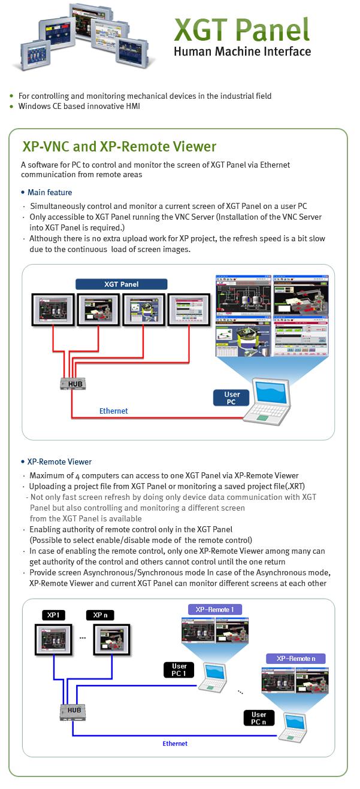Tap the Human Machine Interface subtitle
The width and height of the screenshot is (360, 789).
(x=242, y=51)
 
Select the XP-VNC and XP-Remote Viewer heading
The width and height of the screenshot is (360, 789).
(x=119, y=147)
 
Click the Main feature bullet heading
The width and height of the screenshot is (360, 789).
(x=50, y=192)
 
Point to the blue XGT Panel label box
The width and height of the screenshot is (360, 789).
(x=121, y=284)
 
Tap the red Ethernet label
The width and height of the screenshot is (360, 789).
(x=113, y=411)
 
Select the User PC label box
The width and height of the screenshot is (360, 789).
(x=232, y=398)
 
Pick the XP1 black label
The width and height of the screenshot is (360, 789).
(x=54, y=615)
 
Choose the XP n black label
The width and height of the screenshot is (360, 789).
(x=99, y=615)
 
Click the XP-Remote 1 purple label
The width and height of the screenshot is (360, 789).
(x=215, y=609)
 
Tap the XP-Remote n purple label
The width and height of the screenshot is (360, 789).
(x=296, y=658)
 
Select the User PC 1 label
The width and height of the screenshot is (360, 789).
(x=179, y=669)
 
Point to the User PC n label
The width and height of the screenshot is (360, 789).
(x=259, y=718)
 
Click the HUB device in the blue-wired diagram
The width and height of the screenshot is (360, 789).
(x=74, y=711)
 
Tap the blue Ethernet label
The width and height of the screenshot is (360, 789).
(x=175, y=744)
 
